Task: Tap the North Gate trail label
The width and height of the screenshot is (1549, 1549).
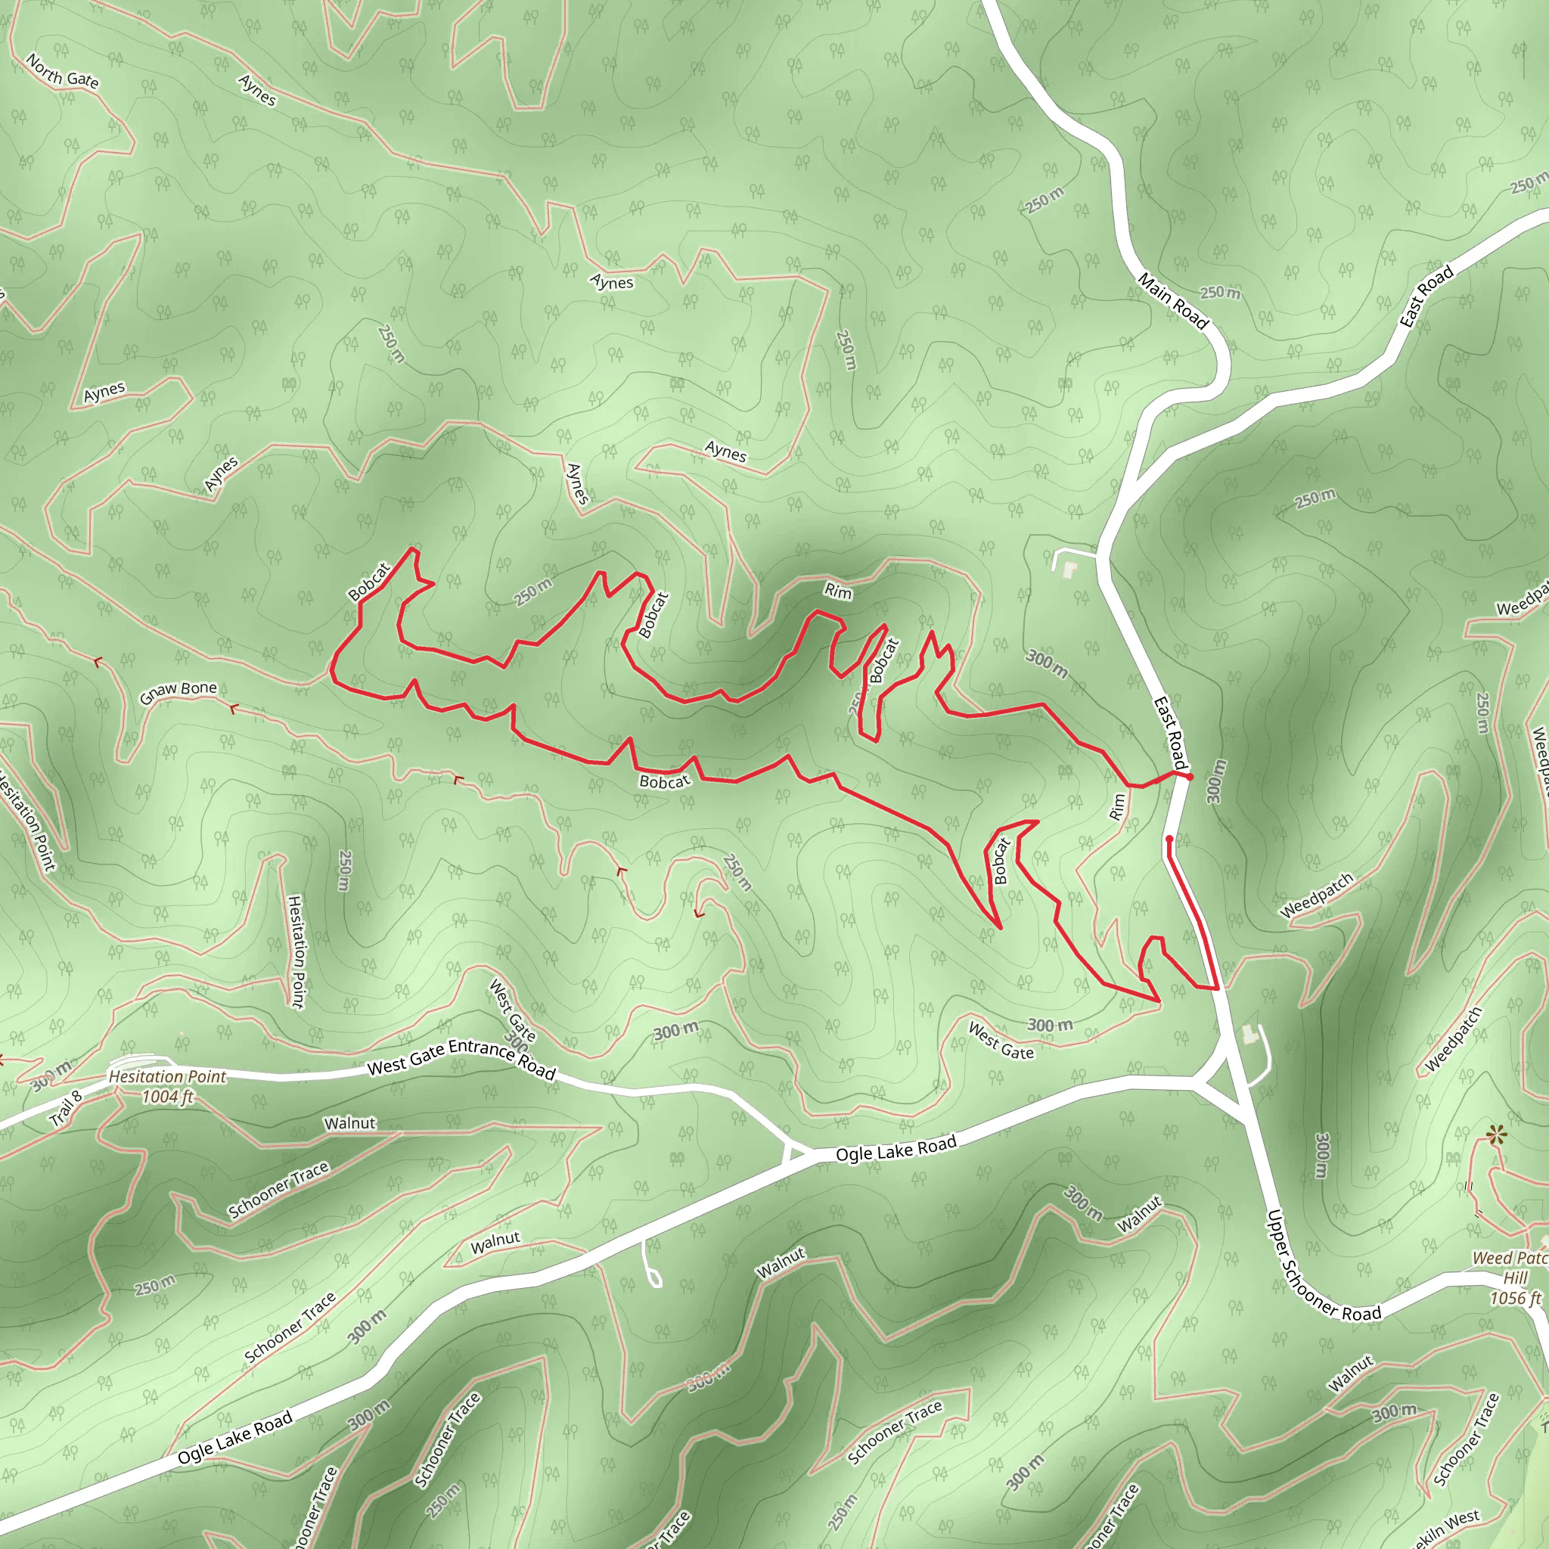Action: [63, 71]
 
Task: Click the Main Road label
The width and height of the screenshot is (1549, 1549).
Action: [1172, 301]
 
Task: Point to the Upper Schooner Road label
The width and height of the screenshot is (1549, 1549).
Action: [1323, 1267]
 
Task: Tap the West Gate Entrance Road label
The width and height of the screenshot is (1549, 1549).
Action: [461, 1058]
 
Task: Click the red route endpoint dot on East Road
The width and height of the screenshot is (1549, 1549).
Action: [1189, 777]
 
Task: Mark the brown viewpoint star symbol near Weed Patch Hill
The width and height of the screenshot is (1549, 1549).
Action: [1494, 1135]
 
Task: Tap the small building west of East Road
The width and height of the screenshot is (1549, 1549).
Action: [1069, 570]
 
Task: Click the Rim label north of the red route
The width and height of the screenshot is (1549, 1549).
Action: [838, 591]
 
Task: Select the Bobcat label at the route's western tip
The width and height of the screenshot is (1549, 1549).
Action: [369, 582]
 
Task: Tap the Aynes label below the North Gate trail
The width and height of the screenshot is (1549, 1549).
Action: [257, 91]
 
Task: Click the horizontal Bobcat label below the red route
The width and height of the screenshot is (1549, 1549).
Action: [664, 782]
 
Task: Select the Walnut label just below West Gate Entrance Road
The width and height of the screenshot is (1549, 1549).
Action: [349, 1123]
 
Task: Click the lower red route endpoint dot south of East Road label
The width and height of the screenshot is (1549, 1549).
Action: [1169, 840]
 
